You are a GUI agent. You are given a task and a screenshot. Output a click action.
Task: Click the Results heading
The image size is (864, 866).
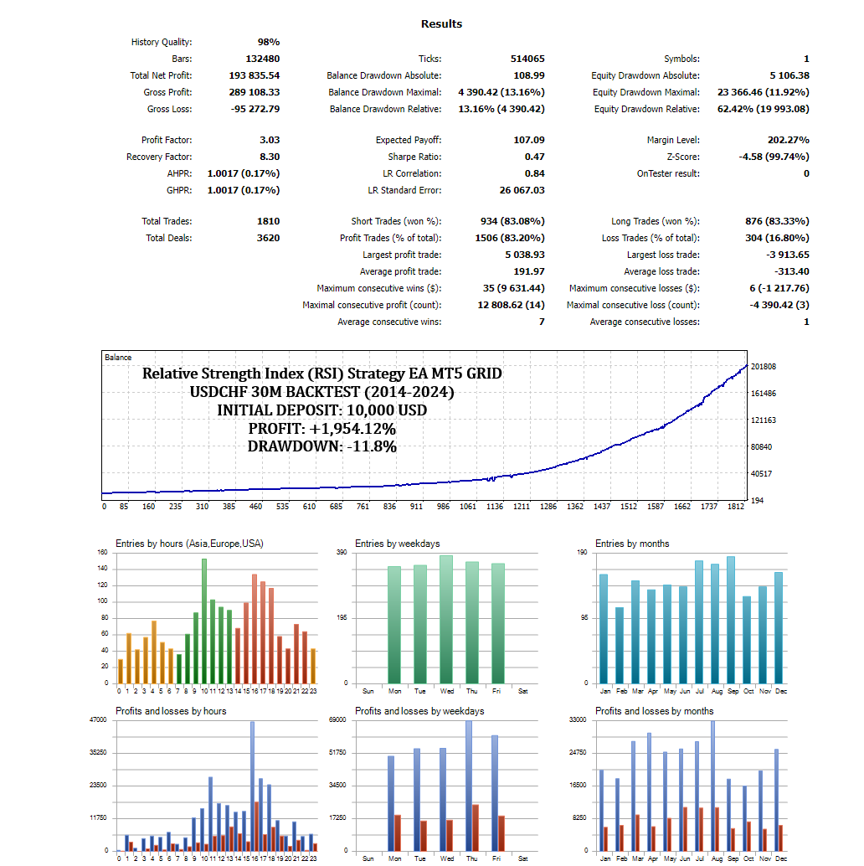click(441, 24)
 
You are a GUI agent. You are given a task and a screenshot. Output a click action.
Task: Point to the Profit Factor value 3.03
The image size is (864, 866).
click(270, 140)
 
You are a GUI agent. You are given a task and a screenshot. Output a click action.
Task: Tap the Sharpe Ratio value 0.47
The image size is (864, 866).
click(534, 157)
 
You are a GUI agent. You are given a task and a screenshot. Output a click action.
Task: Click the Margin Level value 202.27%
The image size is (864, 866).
click(788, 140)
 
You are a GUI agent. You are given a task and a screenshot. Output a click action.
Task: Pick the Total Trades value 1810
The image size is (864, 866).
click(269, 221)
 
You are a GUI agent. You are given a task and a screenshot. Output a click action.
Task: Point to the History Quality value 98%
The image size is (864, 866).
click(268, 42)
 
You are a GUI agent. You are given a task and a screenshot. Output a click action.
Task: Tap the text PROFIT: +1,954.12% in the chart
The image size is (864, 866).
click(322, 429)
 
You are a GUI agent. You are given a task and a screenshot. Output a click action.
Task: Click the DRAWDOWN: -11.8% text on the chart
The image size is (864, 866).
click(322, 447)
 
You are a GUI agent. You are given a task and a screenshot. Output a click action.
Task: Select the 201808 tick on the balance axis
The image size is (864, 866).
click(764, 367)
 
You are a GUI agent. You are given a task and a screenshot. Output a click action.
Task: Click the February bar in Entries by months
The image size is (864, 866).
click(620, 645)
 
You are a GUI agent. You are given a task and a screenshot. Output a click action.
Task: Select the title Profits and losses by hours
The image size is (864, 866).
click(171, 711)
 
